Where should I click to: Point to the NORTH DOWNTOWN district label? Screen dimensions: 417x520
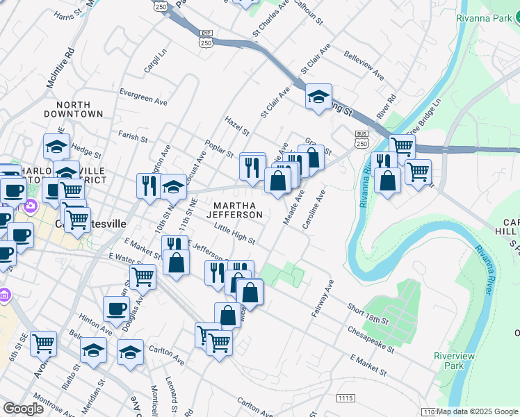point(73,108)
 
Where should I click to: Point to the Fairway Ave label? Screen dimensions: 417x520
point(323,299)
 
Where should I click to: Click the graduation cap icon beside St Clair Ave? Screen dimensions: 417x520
point(318,97)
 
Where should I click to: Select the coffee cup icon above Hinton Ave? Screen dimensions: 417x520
point(116,309)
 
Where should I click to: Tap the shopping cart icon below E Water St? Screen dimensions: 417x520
point(143,276)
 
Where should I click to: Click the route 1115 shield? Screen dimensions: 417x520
point(345,398)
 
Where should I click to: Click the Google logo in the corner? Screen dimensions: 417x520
point(23,409)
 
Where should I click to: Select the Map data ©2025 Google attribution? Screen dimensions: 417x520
point(478,411)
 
